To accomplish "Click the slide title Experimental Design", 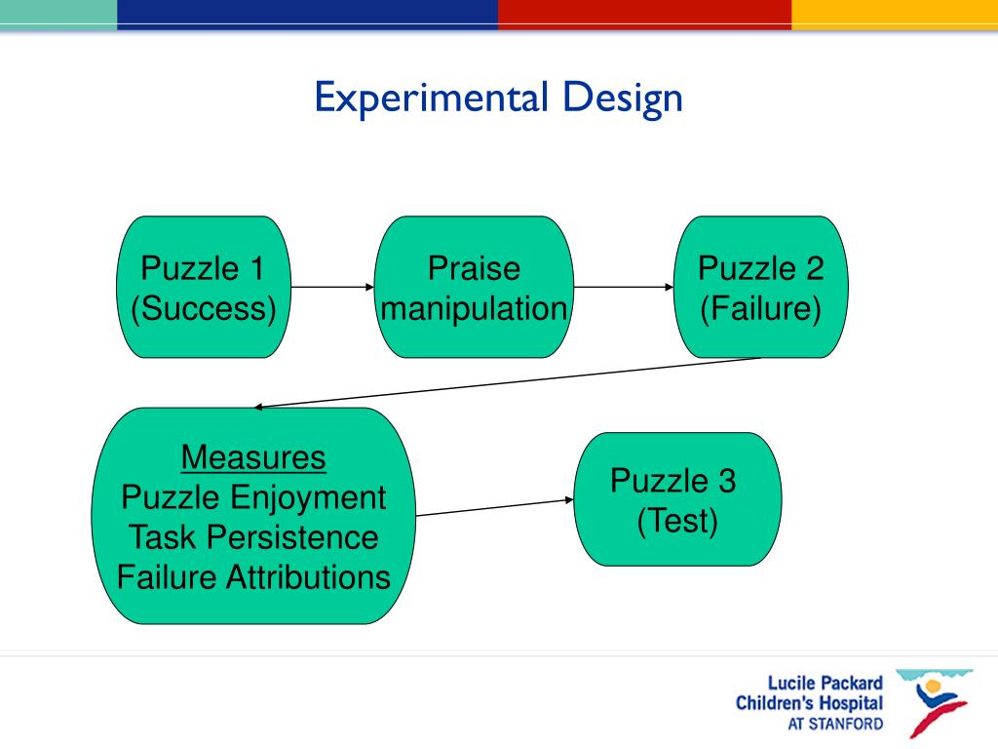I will (498, 99).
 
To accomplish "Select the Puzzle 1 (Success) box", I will (203, 287).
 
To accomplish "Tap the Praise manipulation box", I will (474, 287).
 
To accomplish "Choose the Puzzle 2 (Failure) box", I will (761, 287).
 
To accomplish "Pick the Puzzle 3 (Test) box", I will (677, 499).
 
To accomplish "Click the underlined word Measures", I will (253, 457).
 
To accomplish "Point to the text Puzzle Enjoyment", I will (253, 497).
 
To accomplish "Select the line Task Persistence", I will (253, 537).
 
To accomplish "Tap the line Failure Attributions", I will (253, 577).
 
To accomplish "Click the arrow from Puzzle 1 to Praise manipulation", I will (331, 287).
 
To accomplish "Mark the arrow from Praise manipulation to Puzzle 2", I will (624, 287).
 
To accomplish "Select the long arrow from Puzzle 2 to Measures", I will (507, 382).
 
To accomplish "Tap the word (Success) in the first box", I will (203, 309).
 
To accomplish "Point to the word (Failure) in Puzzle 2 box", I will (761, 309).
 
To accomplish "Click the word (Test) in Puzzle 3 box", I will (677, 522).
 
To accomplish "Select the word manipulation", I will (474, 309).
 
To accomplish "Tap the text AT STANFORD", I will (835, 725).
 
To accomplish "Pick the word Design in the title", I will (621, 99).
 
